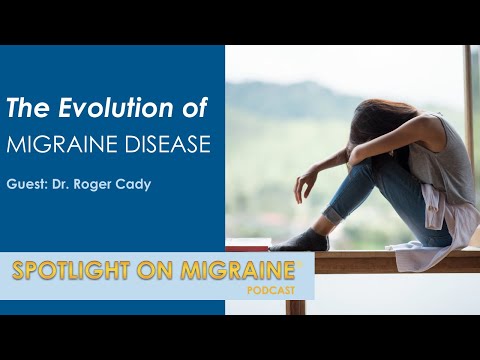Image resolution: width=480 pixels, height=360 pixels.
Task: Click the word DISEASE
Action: [165, 144]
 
